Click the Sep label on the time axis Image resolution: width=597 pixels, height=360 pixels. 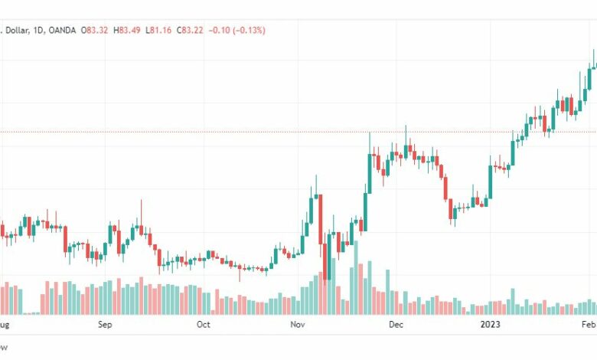coord(106,325)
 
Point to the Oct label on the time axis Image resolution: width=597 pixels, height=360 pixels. coord(203,325)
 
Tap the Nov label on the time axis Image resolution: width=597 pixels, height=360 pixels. coord(298,325)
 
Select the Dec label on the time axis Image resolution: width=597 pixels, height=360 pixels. coord(396,325)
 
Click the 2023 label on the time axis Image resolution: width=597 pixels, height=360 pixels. coord(490,325)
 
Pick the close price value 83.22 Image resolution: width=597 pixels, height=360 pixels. coord(198,30)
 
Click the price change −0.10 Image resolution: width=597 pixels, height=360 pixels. coord(227,30)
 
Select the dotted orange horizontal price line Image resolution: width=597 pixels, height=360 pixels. coord(230,132)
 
